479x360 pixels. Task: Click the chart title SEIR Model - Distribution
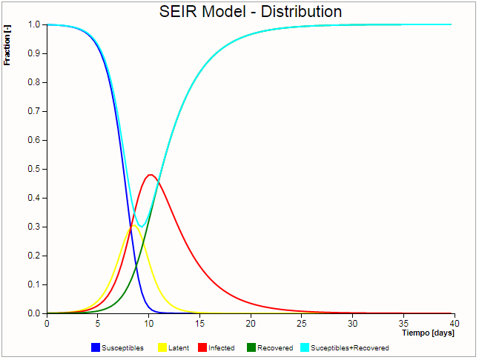tap(251, 12)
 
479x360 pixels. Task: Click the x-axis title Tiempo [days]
tap(428, 333)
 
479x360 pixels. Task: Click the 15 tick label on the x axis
tap(199, 323)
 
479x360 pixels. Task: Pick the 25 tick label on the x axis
tap(301, 323)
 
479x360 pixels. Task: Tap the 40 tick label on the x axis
tap(454, 323)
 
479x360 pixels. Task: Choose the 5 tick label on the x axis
tap(97, 323)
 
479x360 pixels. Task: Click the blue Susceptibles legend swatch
tap(95, 347)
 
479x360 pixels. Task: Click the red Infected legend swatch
tap(202, 347)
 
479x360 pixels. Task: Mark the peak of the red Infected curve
tap(151, 175)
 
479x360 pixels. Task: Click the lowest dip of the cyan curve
tap(140, 227)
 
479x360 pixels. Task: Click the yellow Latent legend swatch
tap(162, 347)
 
